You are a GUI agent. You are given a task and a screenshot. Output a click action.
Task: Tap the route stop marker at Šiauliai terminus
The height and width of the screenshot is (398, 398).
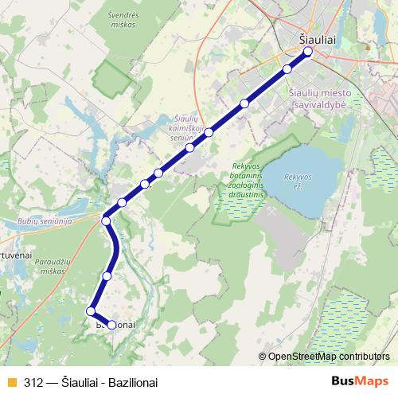tap(308, 53)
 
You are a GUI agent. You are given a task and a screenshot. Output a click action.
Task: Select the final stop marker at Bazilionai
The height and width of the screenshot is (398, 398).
tap(111, 325)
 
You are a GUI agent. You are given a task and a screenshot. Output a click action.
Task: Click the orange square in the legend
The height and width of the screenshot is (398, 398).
tap(11, 382)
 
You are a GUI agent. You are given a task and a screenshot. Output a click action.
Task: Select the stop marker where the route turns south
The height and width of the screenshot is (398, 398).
tap(106, 220)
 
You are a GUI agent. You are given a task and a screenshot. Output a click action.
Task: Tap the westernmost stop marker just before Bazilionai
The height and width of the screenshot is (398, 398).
tap(92, 311)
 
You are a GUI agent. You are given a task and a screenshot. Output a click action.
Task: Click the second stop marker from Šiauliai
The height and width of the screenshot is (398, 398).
tap(287, 68)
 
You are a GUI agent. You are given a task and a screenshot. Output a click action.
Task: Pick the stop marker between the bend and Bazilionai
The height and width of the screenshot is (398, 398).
tap(107, 275)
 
